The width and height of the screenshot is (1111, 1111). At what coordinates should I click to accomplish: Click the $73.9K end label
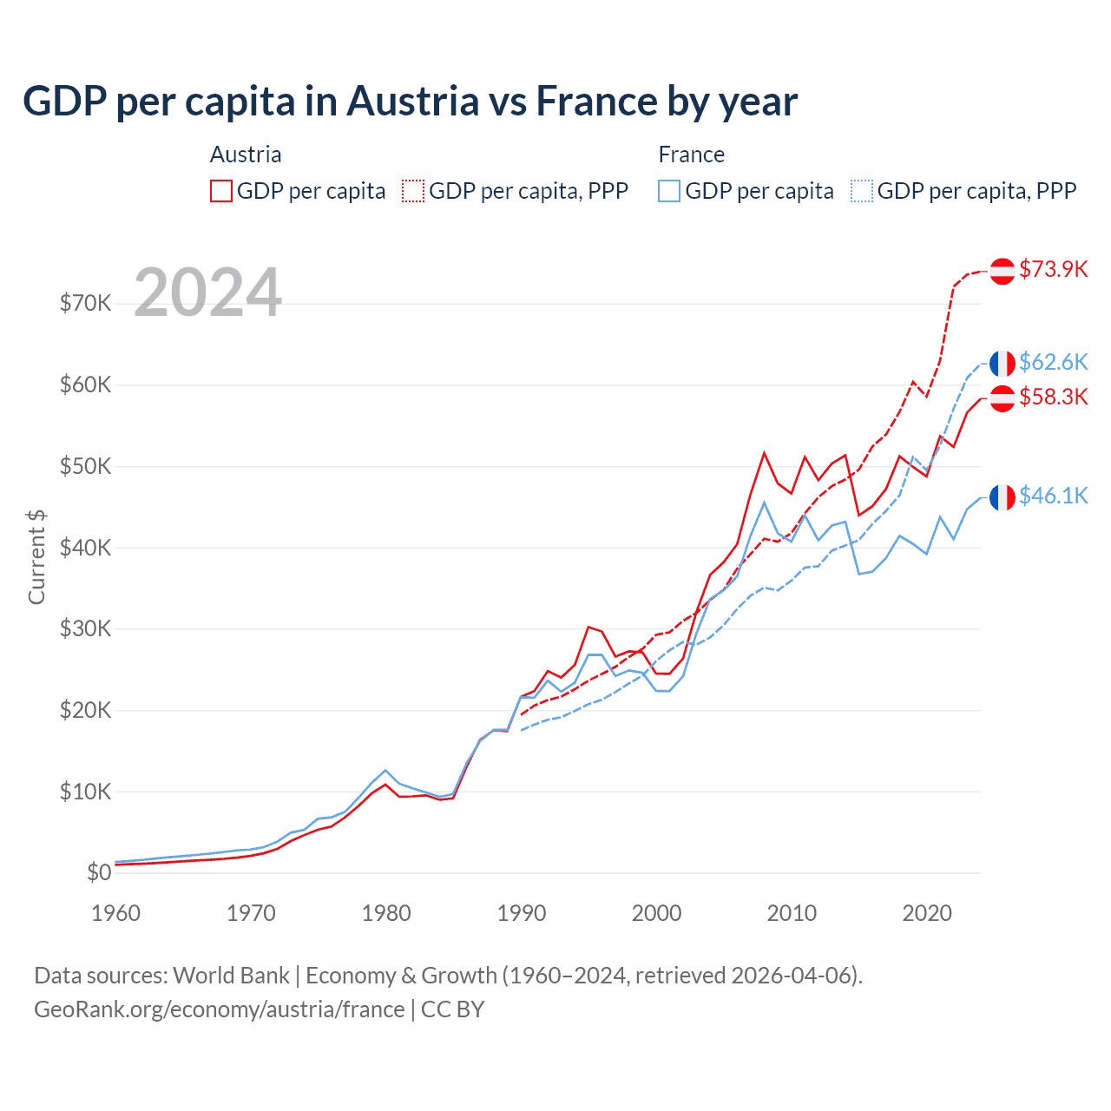1053,269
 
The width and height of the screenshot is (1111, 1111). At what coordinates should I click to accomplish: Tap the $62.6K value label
1053,362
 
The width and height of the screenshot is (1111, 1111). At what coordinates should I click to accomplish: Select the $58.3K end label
1053,397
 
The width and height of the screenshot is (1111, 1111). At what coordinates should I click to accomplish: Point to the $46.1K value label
1053,496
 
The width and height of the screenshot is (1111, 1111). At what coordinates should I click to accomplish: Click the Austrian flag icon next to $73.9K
1003,271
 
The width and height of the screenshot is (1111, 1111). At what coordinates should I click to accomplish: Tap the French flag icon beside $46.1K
1003,497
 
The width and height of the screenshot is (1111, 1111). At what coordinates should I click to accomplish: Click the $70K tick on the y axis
85,303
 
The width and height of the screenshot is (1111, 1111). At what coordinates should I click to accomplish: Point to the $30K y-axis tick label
85,628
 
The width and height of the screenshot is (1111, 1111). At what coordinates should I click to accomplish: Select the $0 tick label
99,872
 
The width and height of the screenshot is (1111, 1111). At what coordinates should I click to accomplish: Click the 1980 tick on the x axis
386,913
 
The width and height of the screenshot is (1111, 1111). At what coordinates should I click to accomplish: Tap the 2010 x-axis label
792,913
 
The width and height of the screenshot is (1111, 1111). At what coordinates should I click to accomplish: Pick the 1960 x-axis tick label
115,913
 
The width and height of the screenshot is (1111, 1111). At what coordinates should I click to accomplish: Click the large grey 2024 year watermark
207,293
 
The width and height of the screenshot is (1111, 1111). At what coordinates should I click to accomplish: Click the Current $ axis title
36,556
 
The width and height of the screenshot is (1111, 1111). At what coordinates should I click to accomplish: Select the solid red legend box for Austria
221,191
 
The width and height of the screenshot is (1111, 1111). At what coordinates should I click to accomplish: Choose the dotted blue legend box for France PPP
862,191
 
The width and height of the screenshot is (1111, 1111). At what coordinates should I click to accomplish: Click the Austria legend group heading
246,154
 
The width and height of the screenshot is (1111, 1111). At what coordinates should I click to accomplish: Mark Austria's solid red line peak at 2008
764,452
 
